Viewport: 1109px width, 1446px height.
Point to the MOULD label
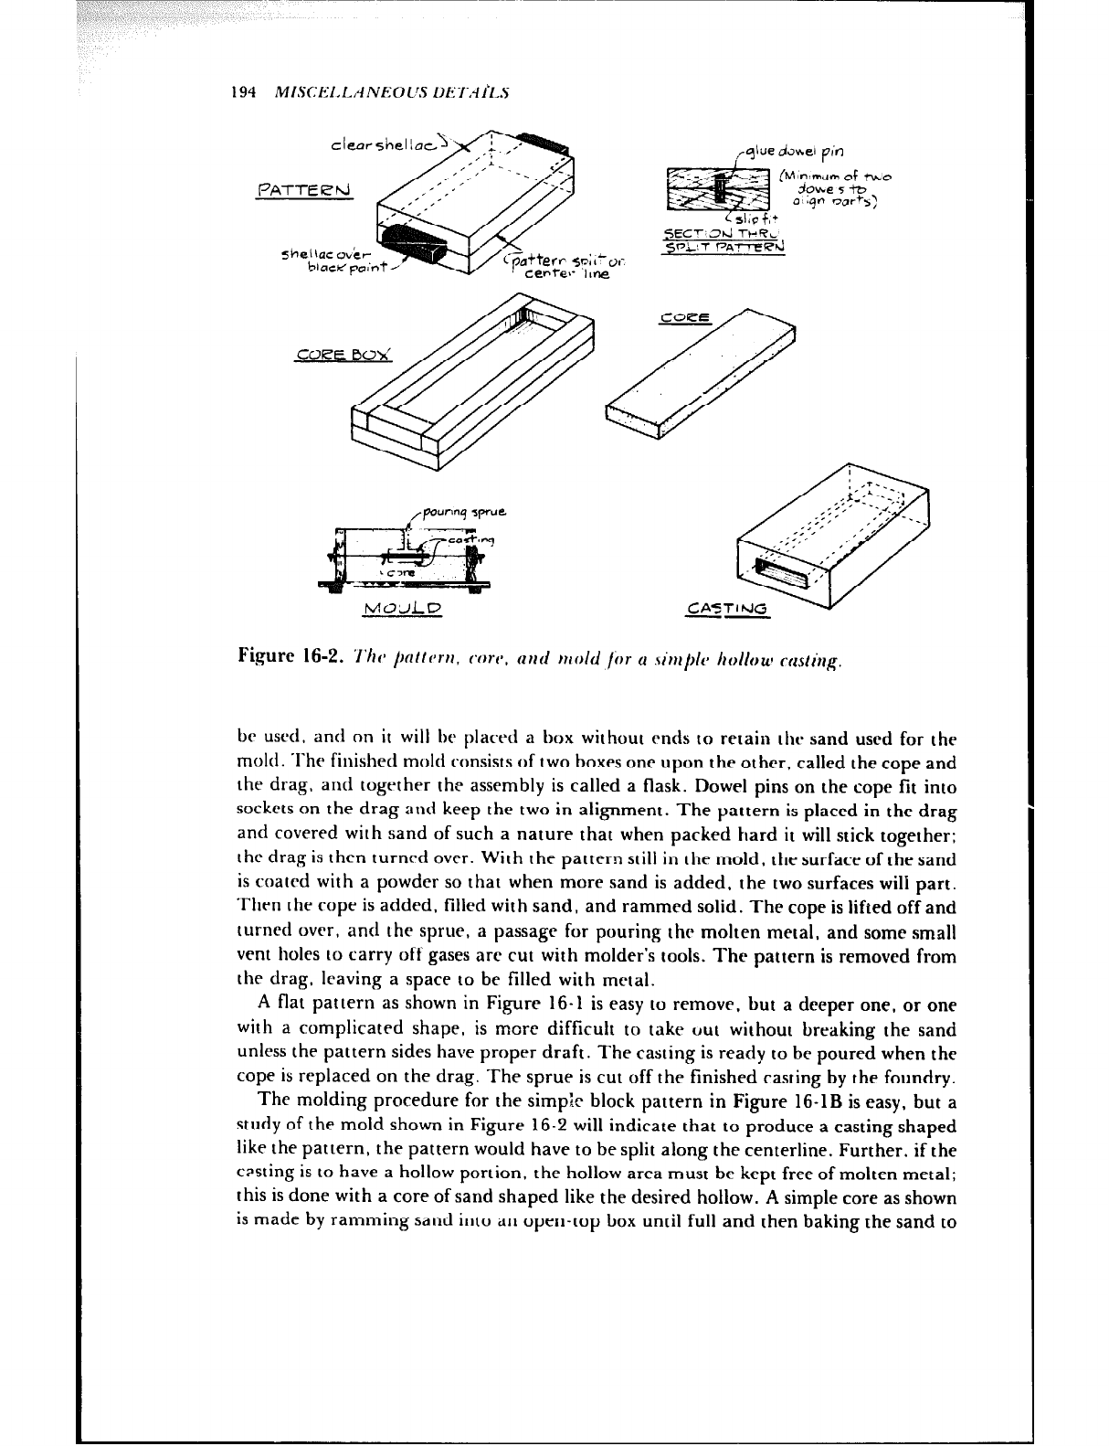click(x=402, y=608)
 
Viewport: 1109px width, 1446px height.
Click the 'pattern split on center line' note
click(x=563, y=266)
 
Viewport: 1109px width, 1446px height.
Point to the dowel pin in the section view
click(x=722, y=191)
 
